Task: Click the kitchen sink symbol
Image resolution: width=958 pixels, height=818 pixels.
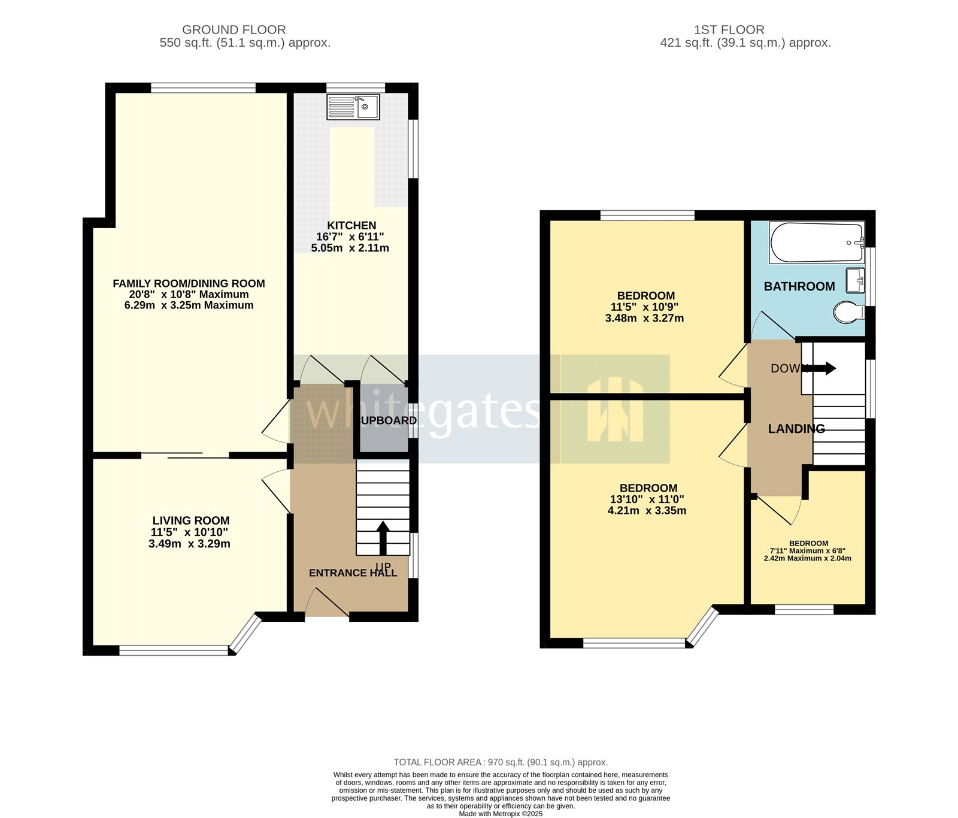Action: click(353, 107)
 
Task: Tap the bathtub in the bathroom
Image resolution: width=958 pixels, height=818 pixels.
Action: click(817, 243)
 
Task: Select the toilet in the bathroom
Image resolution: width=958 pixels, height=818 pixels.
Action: click(848, 312)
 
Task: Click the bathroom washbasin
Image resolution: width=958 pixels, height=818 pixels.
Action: click(856, 280)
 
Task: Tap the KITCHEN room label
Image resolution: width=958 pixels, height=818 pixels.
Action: click(351, 226)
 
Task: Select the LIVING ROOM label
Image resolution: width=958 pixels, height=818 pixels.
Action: click(190, 520)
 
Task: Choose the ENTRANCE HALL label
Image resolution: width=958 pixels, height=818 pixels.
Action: click(353, 573)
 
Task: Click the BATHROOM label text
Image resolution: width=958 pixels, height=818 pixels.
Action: click(799, 286)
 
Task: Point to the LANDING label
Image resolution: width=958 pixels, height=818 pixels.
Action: click(796, 429)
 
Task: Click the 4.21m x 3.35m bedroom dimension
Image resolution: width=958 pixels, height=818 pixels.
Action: click(647, 511)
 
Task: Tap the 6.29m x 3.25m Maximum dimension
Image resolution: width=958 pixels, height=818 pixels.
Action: click(189, 305)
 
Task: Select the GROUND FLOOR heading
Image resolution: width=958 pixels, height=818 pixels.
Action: click(234, 29)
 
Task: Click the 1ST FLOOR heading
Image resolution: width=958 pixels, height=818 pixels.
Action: click(729, 29)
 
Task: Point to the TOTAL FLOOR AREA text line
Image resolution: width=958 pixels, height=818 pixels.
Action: click(501, 762)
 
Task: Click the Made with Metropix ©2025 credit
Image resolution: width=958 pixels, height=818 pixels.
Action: click(501, 814)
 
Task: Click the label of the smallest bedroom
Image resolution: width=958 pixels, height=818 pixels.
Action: click(808, 543)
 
